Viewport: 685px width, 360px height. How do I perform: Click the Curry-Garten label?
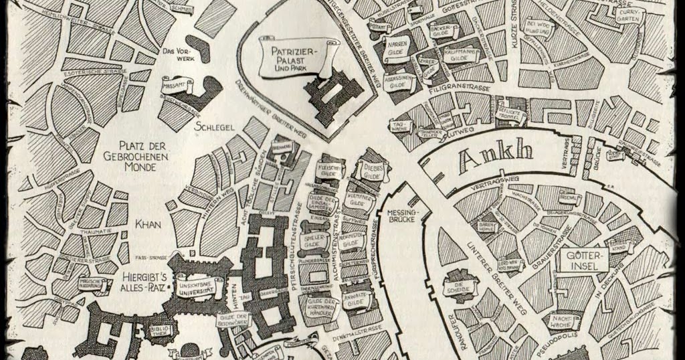tap(628, 15)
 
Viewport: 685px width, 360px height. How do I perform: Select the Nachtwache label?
tap(563, 322)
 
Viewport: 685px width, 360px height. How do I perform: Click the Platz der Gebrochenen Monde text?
tap(142, 155)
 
